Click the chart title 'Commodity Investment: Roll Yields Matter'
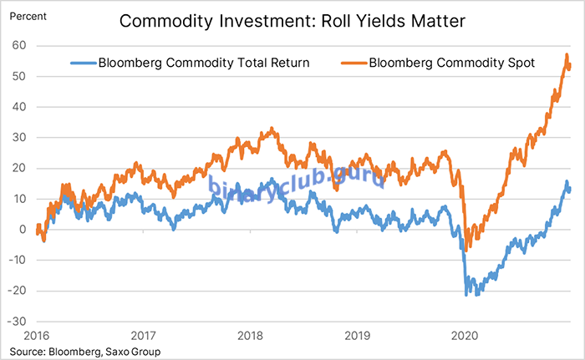(292, 21)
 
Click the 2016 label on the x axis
(37, 335)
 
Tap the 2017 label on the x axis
(144, 335)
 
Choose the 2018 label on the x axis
(251, 335)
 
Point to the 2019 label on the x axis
(358, 335)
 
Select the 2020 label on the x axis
(464, 335)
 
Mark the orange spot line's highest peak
(567, 55)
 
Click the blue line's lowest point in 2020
(466, 295)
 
